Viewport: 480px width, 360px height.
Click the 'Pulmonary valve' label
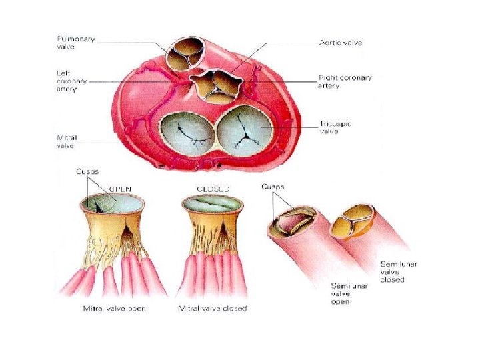tap(75, 43)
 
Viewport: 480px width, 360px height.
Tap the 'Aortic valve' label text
tap(340, 42)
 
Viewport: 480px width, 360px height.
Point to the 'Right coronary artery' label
tap(345, 82)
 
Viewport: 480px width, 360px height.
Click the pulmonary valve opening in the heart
tap(184, 53)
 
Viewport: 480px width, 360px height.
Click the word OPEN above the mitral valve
tap(120, 188)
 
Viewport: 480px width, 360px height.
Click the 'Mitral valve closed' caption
tap(213, 309)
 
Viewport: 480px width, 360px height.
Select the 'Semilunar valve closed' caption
tap(399, 272)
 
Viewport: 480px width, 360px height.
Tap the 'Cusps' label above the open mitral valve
tap(87, 171)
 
